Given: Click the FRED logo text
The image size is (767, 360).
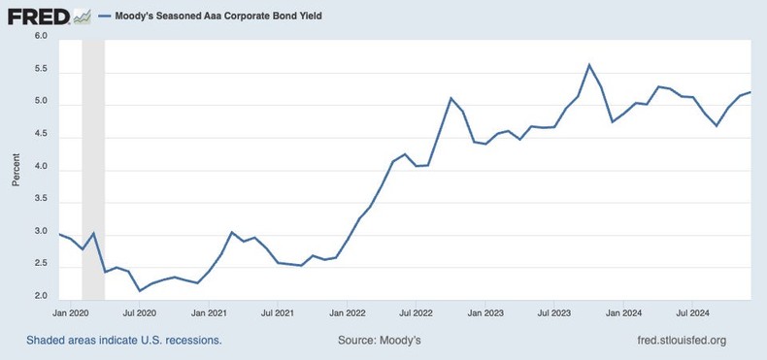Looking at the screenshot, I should click(x=37, y=16).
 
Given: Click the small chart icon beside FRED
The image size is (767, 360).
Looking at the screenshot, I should click(x=83, y=16).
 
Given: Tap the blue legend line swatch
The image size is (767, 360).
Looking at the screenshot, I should click(x=105, y=16).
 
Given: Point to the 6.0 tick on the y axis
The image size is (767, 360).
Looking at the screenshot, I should click(x=41, y=37).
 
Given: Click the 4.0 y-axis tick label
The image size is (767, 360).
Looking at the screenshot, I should click(x=41, y=171).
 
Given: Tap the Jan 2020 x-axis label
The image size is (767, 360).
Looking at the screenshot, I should click(x=70, y=313).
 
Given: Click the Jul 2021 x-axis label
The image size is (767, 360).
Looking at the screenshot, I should click(x=278, y=313).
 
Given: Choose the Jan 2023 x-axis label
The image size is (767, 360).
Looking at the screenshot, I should click(x=485, y=313).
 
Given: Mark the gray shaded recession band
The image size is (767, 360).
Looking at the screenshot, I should click(x=93, y=170).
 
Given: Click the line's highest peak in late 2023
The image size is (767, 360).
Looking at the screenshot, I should click(x=589, y=65).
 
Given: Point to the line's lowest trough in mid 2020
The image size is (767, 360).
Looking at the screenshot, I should click(x=140, y=290).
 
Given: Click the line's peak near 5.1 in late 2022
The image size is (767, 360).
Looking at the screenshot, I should click(x=450, y=98).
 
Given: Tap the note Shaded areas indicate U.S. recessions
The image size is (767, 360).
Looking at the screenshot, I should click(x=124, y=341).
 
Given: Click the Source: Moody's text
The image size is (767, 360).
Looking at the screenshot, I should click(x=380, y=341).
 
